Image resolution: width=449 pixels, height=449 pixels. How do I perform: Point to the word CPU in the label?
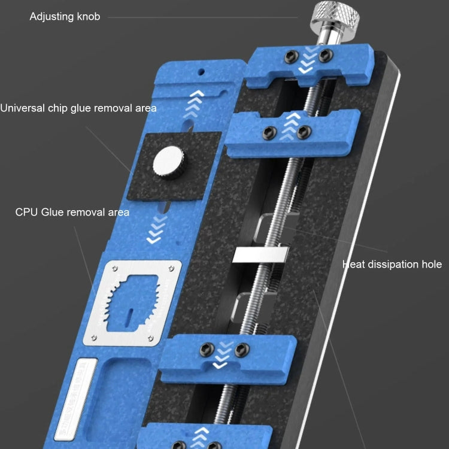pos(27,212)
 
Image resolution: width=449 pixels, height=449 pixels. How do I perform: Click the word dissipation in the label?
pos(390,264)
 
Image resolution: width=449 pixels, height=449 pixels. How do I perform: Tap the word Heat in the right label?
pos(353,264)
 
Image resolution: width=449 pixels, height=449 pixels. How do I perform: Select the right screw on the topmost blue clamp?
pos(326,56)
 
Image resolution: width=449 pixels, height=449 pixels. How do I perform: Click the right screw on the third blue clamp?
pos(242,349)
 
